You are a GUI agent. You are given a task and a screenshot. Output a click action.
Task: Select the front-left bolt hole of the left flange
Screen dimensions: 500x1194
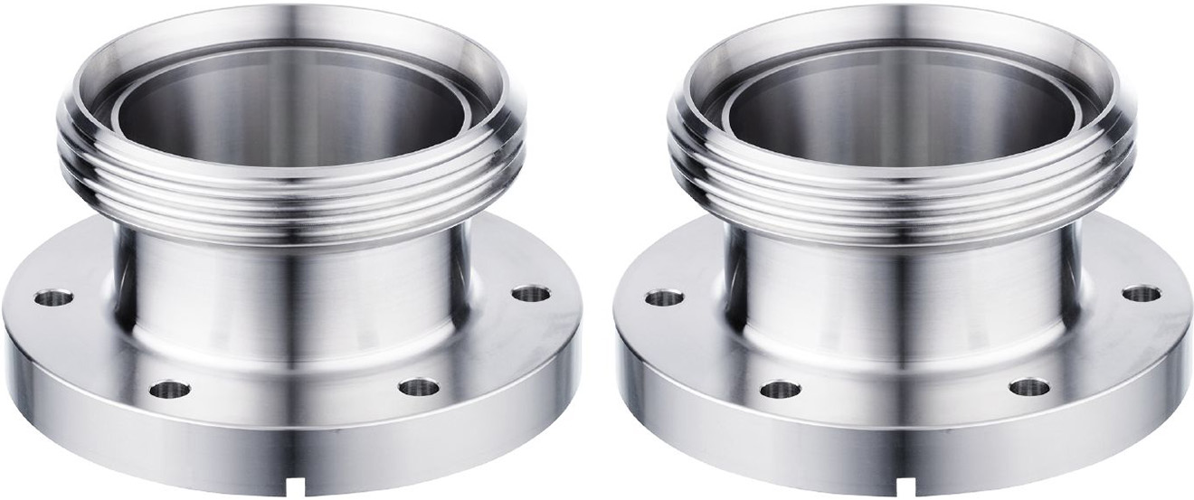tap(170, 391)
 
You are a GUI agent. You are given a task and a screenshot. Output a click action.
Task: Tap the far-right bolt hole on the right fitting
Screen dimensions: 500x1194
tap(1141, 293)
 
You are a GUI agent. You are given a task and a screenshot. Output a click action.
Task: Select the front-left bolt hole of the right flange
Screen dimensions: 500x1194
tap(780, 391)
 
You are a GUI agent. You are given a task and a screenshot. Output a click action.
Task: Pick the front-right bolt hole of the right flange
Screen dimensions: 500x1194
tap(1028, 388)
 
